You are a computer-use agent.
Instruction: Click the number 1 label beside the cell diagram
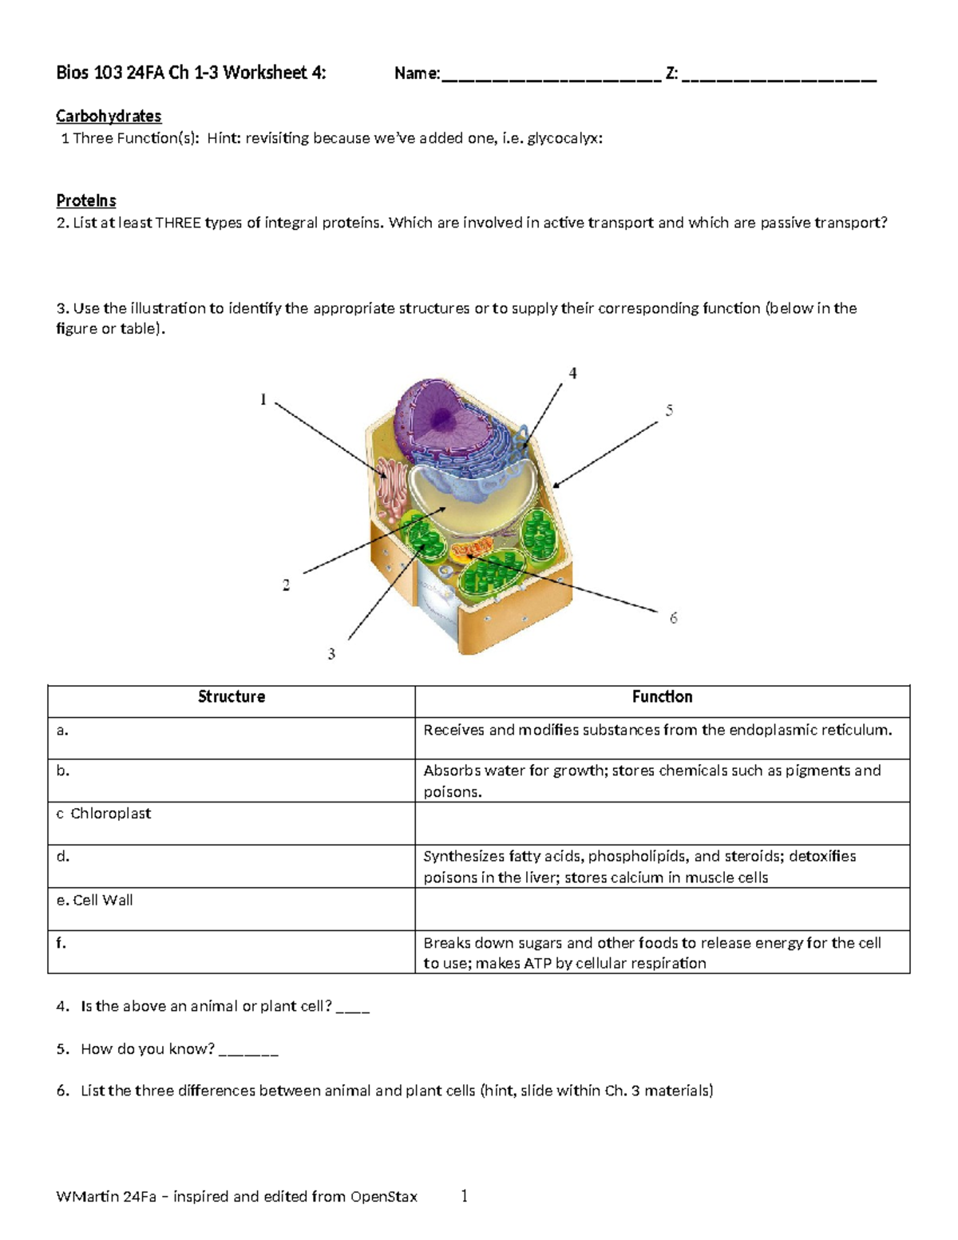click(263, 399)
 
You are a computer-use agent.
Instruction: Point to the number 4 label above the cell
click(572, 373)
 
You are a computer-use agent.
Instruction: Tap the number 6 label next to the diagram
click(673, 618)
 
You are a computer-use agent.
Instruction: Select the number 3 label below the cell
click(331, 654)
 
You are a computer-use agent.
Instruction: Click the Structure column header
click(232, 697)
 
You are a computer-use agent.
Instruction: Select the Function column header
click(662, 697)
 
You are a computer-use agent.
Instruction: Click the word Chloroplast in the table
click(110, 814)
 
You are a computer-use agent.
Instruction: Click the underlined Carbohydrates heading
click(109, 117)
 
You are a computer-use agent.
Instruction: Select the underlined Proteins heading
click(86, 200)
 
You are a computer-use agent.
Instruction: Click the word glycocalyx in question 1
click(564, 138)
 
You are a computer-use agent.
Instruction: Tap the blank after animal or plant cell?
click(353, 1008)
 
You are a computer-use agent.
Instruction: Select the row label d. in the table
click(63, 857)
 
